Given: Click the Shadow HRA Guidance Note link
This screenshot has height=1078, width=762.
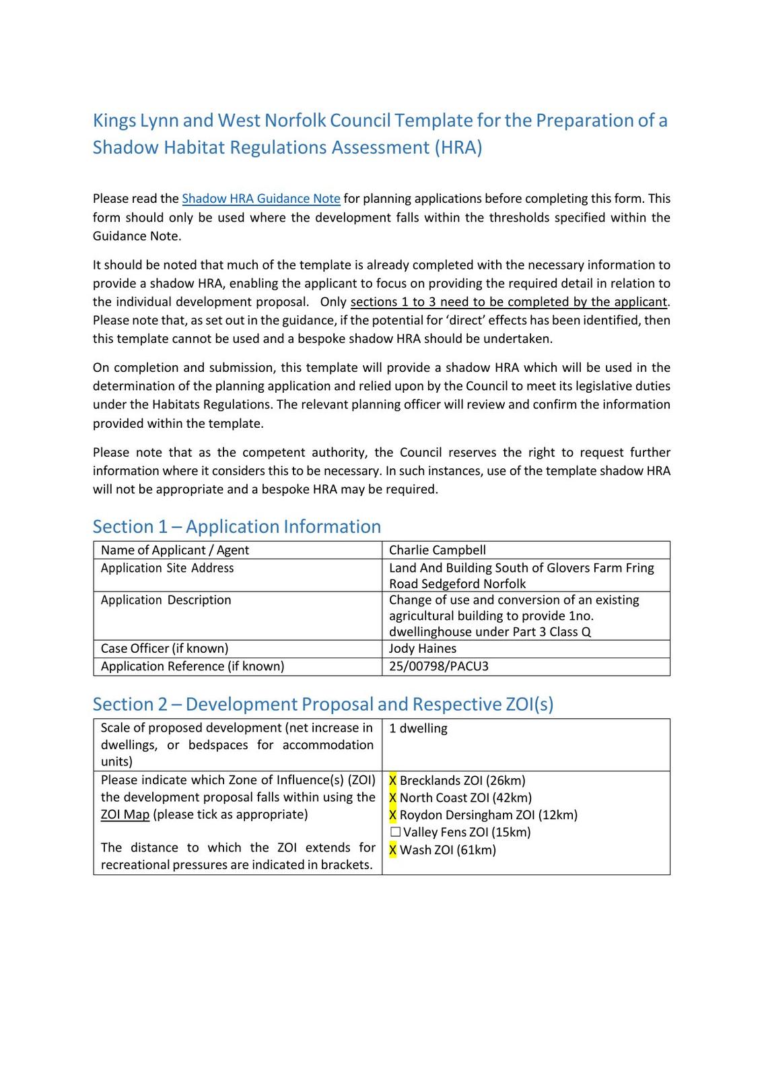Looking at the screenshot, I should pos(261,199).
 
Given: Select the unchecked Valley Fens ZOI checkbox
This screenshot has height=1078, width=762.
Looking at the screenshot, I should pos(395,833).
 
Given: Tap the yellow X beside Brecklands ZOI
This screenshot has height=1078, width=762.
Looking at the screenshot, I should pos(393,781).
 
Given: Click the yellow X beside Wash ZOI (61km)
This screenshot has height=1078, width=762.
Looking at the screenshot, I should pos(393,850).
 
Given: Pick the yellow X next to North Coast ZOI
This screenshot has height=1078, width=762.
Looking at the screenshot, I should pos(393,798).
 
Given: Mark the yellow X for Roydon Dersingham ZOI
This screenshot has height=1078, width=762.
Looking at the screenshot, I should pos(393,815).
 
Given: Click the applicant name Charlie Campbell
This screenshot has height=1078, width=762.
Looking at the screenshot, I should pos(437,550).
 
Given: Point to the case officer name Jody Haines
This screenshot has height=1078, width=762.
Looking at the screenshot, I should pos(422,649).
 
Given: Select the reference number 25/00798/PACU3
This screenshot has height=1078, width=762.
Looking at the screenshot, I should pos(438,666).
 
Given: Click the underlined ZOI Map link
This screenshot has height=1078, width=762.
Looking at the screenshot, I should pos(125,815).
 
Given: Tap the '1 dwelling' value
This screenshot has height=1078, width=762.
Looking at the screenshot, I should pos(418,728).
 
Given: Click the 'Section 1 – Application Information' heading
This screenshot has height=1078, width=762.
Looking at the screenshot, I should pos(236,527).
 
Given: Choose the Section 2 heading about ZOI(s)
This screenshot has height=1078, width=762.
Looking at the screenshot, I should pos(322,705).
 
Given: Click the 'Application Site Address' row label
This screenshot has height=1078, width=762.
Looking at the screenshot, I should pos(167,568).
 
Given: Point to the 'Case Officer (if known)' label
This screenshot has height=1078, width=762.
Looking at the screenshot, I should pos(164,649).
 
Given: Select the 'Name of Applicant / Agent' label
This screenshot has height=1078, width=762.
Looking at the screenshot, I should pos(174,550).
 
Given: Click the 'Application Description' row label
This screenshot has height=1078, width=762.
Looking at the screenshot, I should pos(166,600).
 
